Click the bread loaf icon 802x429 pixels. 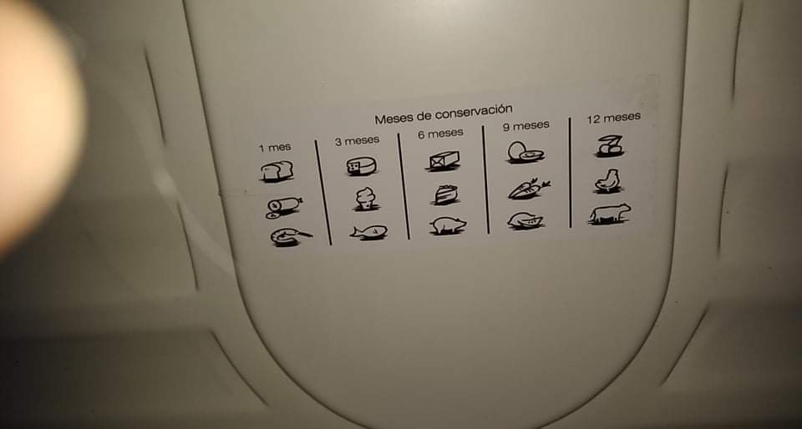pyautogui.click(x=277, y=171)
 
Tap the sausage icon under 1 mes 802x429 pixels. pyautogui.click(x=284, y=206)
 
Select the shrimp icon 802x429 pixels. pyautogui.click(x=290, y=236)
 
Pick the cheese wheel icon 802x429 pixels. pyautogui.click(x=361, y=166)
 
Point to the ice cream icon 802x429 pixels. pyautogui.click(x=366, y=199)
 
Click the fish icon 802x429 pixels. pyautogui.click(x=368, y=232)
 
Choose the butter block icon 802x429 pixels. pyautogui.click(x=444, y=160)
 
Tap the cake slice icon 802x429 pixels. pyautogui.click(x=445, y=194)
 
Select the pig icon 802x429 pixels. pyautogui.click(x=448, y=225)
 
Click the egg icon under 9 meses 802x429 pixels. pyautogui.click(x=525, y=152)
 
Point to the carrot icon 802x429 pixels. pyautogui.click(x=529, y=189)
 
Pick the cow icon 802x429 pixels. pyautogui.click(x=609, y=214)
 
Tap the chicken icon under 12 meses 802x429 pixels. pyautogui.click(x=608, y=181)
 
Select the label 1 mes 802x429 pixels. pyautogui.click(x=275, y=148)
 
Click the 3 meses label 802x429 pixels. pyautogui.click(x=357, y=140)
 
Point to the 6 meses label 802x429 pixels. pyautogui.click(x=440, y=134)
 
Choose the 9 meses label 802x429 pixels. pyautogui.click(x=525, y=126)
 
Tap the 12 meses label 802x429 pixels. pyautogui.click(x=613, y=118)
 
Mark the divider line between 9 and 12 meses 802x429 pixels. pyautogui.click(x=570, y=173)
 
